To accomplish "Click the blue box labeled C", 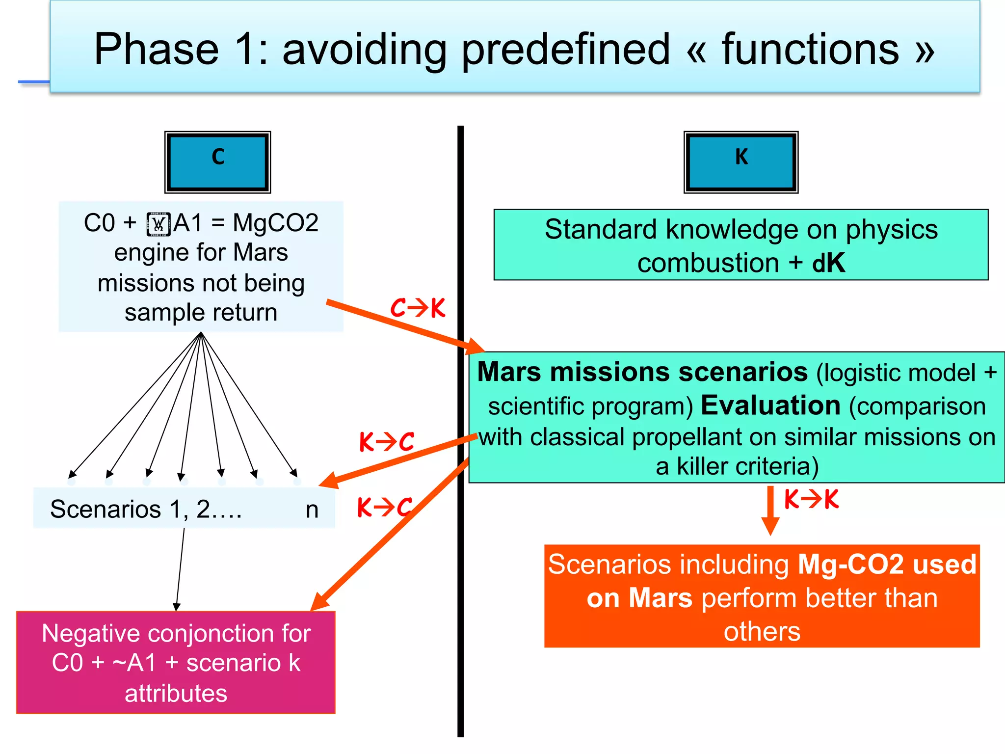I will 217,162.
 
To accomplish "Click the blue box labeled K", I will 741,162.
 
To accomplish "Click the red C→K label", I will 418,308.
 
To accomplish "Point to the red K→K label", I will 811,500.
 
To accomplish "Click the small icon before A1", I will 159,224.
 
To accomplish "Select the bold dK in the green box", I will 828,263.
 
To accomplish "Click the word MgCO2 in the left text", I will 275,223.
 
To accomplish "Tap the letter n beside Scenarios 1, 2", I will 312,510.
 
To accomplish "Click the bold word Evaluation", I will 770,405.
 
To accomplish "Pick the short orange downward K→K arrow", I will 770,511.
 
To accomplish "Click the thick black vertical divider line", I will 460,589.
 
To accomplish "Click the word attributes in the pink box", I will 176,694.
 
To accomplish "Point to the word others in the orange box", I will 762,631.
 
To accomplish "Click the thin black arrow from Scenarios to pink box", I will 180,569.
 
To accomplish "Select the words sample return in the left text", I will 201,313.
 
